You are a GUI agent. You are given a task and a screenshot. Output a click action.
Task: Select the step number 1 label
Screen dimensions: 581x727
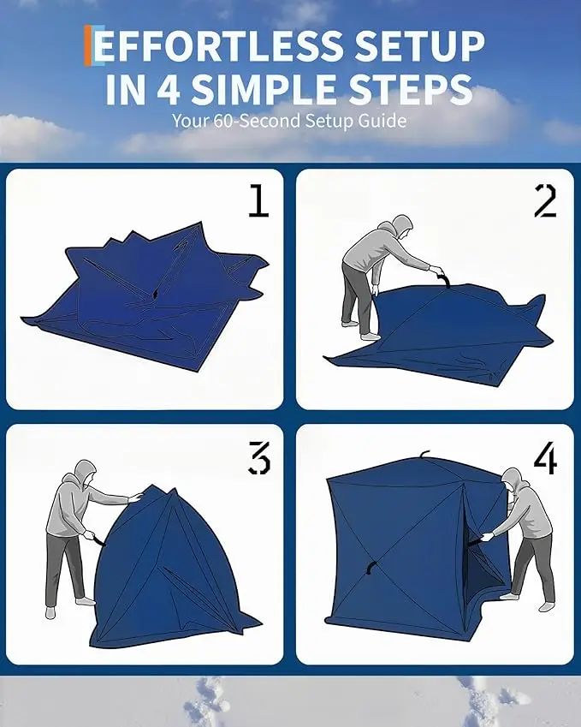[x=259, y=200]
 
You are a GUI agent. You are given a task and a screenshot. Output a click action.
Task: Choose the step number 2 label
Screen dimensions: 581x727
[x=545, y=200]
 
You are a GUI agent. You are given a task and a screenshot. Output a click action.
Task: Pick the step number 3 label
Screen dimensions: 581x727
[x=259, y=457]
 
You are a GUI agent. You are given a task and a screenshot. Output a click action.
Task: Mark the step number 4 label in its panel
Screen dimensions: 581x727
[x=545, y=457]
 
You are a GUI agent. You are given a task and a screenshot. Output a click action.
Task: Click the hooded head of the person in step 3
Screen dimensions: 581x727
[x=86, y=472]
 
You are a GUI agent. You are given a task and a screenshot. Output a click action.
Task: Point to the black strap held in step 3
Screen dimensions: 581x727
[x=98, y=539]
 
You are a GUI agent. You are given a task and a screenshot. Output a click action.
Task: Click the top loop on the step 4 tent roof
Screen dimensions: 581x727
[x=424, y=454]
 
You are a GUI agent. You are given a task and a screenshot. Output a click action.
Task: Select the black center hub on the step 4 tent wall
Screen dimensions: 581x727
[x=371, y=568]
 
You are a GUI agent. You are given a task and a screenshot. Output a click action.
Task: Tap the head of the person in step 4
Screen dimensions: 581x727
[x=513, y=480]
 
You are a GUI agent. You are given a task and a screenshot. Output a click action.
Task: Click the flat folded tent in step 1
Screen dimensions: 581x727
[x=145, y=298]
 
